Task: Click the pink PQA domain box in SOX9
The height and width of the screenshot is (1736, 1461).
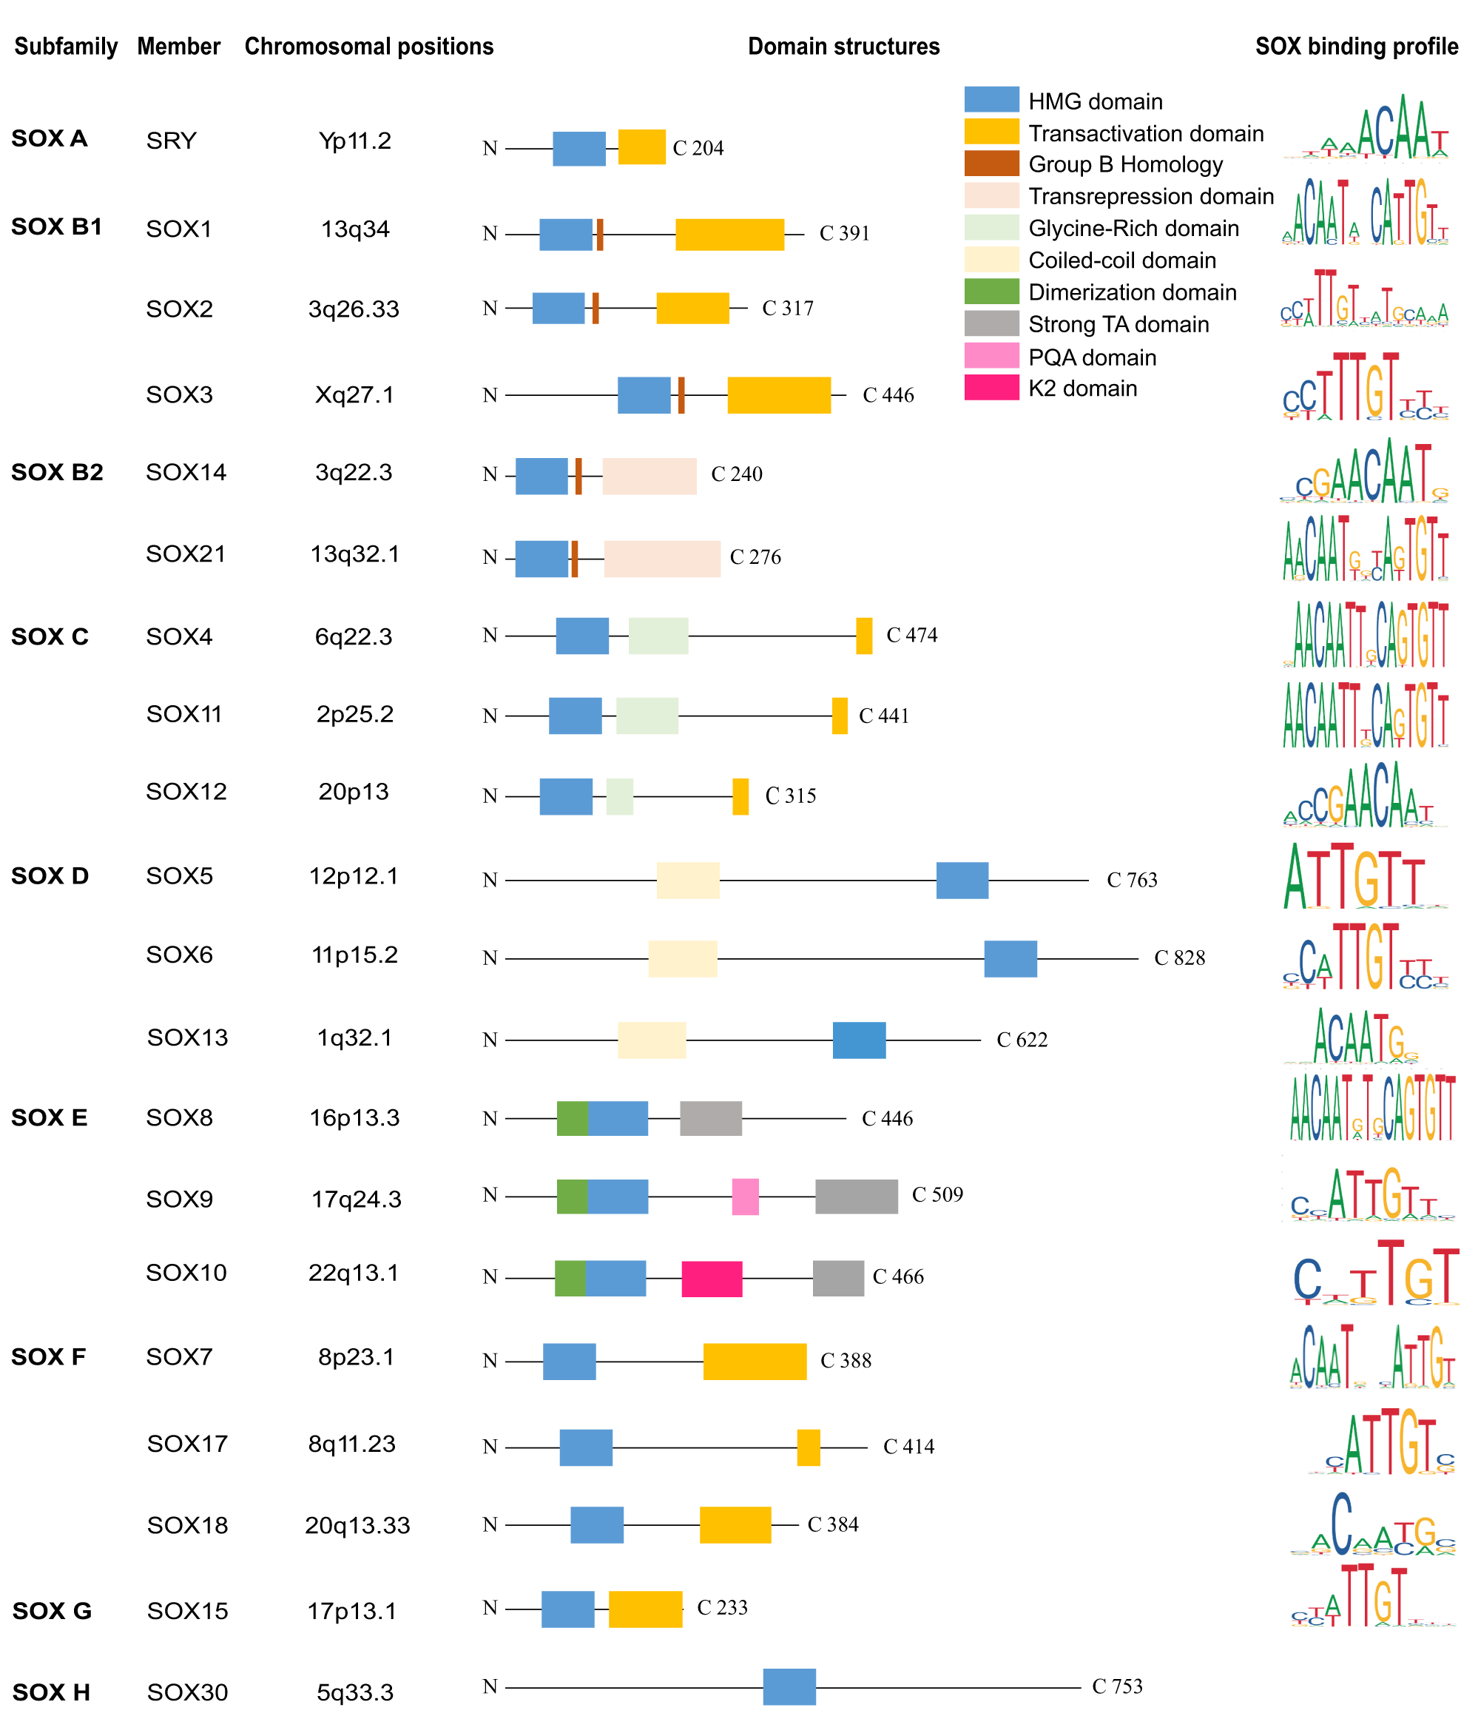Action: tap(745, 1197)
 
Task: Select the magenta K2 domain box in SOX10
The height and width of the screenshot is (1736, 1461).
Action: tap(712, 1279)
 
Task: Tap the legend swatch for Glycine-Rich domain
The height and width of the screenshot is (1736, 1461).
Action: tap(991, 228)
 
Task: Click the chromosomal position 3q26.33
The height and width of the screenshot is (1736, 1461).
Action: tap(354, 309)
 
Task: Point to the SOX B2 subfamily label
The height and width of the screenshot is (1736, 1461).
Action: tap(57, 472)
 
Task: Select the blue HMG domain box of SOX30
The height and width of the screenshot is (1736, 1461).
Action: tap(789, 1686)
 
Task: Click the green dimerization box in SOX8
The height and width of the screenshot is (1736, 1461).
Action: tap(572, 1119)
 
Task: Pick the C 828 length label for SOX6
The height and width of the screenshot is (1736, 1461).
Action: tap(1178, 958)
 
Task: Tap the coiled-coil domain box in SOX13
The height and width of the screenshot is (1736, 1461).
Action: tap(652, 1040)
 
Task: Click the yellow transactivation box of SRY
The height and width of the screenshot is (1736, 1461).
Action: tap(641, 147)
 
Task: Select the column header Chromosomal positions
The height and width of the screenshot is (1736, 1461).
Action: tap(368, 47)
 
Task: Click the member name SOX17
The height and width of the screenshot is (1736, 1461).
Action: tap(187, 1444)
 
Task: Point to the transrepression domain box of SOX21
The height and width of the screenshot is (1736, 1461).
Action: tap(662, 559)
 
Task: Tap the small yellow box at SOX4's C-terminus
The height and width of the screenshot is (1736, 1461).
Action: tap(864, 636)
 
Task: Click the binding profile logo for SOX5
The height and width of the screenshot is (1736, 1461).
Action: tap(1354, 877)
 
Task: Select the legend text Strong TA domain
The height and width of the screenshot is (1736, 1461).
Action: tap(1118, 325)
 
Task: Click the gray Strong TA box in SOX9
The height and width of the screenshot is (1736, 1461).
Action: tap(856, 1197)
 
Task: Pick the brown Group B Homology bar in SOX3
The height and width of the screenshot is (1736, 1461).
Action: tap(681, 395)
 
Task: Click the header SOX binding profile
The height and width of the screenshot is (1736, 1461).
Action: tap(1356, 47)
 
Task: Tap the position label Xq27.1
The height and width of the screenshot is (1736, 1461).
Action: tap(354, 394)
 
